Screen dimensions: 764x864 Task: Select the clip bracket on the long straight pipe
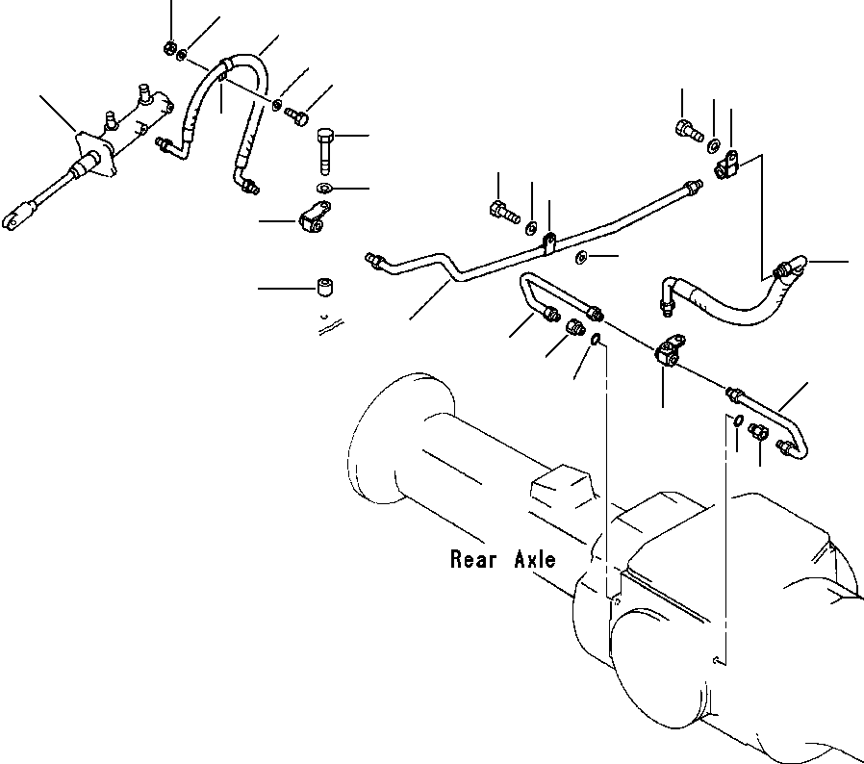(548, 242)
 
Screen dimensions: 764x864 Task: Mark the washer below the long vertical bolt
(324, 188)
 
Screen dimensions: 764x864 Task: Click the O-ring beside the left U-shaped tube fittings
(596, 338)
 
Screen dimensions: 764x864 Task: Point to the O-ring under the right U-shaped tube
(737, 420)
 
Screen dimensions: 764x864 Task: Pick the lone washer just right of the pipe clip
(582, 257)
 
